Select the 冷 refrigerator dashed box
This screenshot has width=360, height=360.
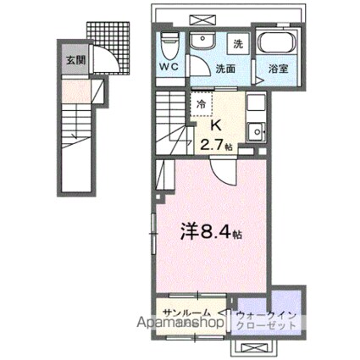201,103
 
